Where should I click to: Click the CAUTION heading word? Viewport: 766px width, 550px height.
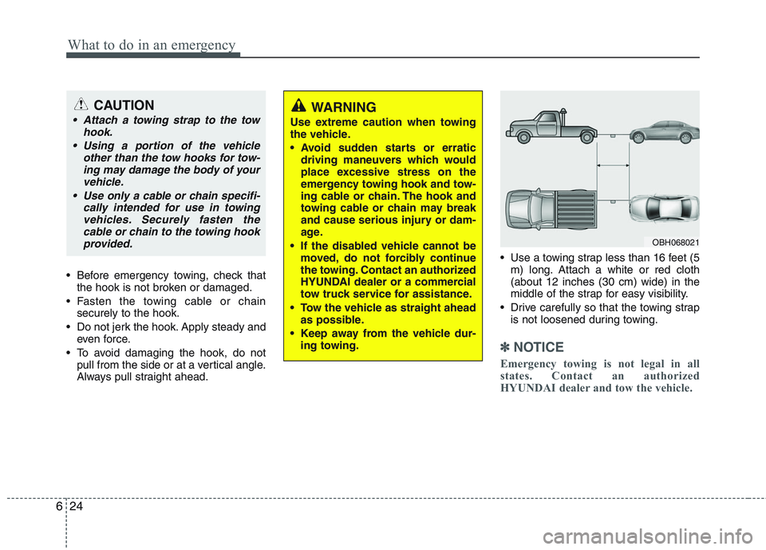pyautogui.click(x=123, y=105)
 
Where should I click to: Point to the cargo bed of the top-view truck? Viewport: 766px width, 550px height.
pyautogui.click(x=579, y=211)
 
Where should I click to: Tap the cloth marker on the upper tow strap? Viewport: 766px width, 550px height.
pyautogui.click(x=613, y=133)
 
